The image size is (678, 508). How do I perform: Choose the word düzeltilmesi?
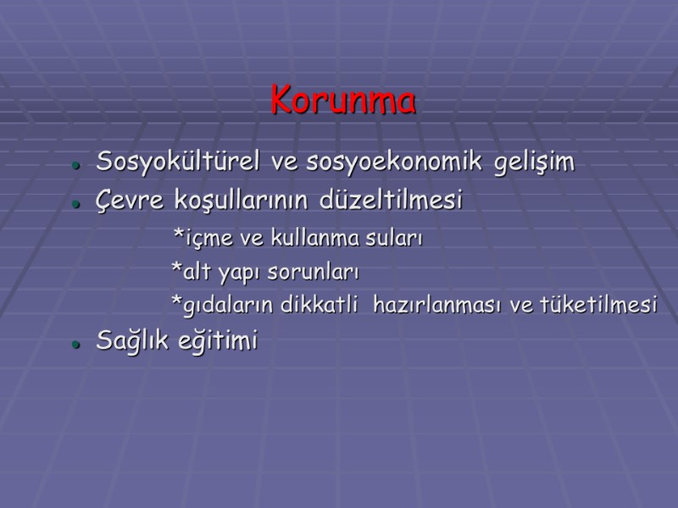[392, 202]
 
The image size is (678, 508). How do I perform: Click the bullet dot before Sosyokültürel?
[76, 165]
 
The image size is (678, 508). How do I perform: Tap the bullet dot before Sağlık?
[76, 345]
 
